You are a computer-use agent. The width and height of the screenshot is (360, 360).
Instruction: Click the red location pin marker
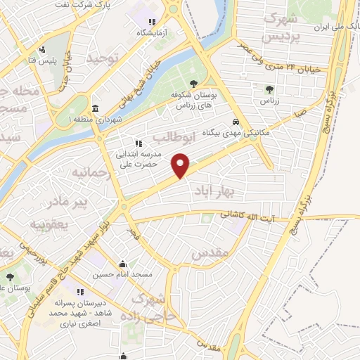click(181, 165)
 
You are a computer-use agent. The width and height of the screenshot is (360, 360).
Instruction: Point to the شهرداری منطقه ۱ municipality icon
click(96, 108)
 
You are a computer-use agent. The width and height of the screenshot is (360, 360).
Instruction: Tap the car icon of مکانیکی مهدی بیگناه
click(236, 120)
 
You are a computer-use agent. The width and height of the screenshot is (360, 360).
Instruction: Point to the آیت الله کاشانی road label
click(252, 215)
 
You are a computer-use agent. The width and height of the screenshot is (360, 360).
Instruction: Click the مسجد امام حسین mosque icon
click(123, 264)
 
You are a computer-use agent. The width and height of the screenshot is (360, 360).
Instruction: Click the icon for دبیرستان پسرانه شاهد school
click(80, 292)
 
